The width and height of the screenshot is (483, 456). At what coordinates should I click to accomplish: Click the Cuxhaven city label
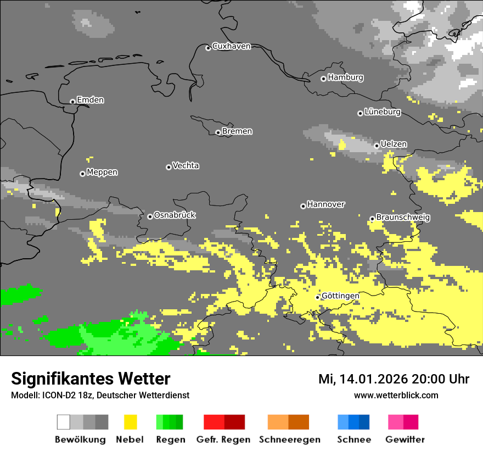click(231, 46)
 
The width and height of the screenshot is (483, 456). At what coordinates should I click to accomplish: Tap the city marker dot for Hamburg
click(323, 79)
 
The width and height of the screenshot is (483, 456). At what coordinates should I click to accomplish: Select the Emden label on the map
click(90, 100)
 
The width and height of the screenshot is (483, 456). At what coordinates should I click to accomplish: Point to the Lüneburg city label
click(383, 112)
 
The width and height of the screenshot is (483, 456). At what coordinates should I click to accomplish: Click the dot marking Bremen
click(218, 132)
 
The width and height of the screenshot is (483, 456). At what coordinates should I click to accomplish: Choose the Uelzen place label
click(394, 144)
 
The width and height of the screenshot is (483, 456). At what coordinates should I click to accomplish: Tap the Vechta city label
click(186, 165)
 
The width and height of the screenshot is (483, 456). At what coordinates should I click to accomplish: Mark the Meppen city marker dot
click(82, 174)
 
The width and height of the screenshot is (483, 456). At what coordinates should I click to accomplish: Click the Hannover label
click(326, 204)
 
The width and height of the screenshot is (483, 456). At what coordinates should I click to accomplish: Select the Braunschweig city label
click(403, 218)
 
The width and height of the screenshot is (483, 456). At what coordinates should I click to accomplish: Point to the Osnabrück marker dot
click(150, 216)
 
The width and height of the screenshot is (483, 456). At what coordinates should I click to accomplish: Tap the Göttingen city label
click(340, 296)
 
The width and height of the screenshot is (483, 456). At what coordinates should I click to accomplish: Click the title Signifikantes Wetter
click(91, 379)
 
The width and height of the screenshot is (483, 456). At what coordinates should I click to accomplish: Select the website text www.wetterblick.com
click(396, 396)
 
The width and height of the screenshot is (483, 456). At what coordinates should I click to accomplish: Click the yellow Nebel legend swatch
click(130, 422)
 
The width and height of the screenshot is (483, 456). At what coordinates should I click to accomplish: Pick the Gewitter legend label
click(405, 440)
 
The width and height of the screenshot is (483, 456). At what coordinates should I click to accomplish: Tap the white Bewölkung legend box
click(64, 422)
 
